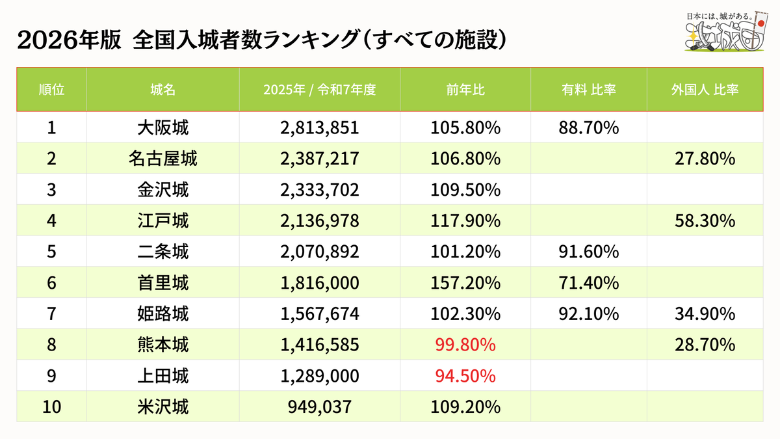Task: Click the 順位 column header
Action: coord(51,90)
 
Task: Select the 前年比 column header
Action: coord(465,90)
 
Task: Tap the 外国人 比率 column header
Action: coord(705,90)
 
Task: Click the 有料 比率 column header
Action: coord(588,90)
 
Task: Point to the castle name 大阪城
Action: coord(163,127)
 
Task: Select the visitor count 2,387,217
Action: coord(319,159)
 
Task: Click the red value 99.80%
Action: coord(465,345)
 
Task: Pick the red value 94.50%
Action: coord(465,376)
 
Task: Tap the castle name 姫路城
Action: coord(163,313)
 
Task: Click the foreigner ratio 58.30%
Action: coord(705,220)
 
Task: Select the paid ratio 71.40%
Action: coord(588,282)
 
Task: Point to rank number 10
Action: coord(51,406)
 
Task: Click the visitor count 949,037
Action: coord(319,406)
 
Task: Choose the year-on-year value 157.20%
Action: coord(465,282)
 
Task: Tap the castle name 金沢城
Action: coord(163,189)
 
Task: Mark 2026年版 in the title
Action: coord(69,40)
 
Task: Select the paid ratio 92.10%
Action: coord(588,313)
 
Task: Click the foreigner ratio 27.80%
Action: coord(705,159)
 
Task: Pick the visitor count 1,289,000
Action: coord(319,376)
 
